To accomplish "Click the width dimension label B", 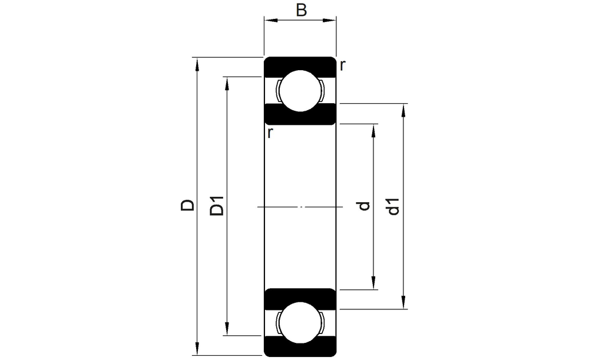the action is (x=301, y=10).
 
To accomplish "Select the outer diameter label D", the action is (x=187, y=205).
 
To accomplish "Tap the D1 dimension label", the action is (x=217, y=206).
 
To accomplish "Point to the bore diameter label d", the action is (x=364, y=206).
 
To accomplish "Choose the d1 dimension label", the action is (x=393, y=206).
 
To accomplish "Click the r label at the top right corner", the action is (x=342, y=66).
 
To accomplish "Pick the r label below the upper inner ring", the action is (x=270, y=133).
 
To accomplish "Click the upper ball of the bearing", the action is (x=300, y=91).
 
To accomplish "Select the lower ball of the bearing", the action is (x=300, y=322).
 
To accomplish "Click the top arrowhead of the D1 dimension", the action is (x=227, y=84).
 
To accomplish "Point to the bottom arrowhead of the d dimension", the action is (x=373, y=283).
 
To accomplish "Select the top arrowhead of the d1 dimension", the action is (x=403, y=110).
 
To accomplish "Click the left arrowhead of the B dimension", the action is (x=271, y=20).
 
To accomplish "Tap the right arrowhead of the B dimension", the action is (x=329, y=20).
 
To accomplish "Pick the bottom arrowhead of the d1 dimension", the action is (x=403, y=302).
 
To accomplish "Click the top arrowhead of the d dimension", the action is (x=373, y=130).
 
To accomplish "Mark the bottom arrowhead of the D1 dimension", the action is (x=227, y=329).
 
